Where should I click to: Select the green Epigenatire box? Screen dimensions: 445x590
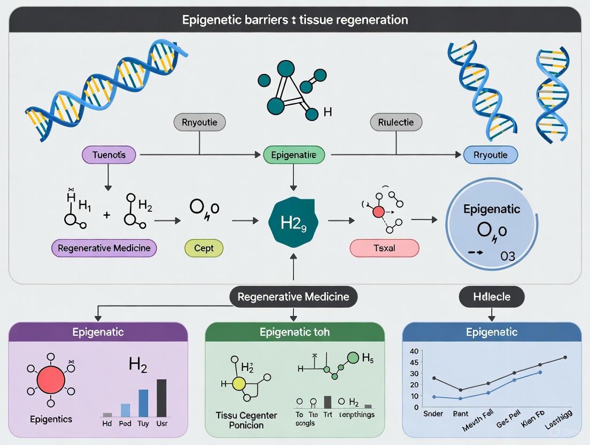(293, 155)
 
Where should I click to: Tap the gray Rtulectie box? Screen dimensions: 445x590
(396, 122)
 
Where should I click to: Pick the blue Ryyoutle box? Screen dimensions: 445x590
(491, 155)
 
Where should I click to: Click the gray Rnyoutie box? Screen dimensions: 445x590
(199, 122)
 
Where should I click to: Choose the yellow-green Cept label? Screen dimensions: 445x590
(204, 248)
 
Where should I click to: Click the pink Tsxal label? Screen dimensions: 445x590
(384, 248)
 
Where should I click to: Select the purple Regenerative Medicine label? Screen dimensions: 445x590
(104, 248)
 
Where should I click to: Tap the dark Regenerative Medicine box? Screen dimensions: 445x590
(293, 296)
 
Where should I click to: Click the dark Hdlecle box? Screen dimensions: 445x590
(492, 296)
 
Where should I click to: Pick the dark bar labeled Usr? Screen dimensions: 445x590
(161, 397)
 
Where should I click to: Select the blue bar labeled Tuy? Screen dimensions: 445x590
(143, 403)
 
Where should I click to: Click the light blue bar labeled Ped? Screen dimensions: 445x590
(125, 410)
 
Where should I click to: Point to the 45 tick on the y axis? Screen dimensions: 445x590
(413, 363)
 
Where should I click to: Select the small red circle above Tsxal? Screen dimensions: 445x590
(378, 212)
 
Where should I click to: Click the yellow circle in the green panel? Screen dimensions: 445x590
(238, 383)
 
